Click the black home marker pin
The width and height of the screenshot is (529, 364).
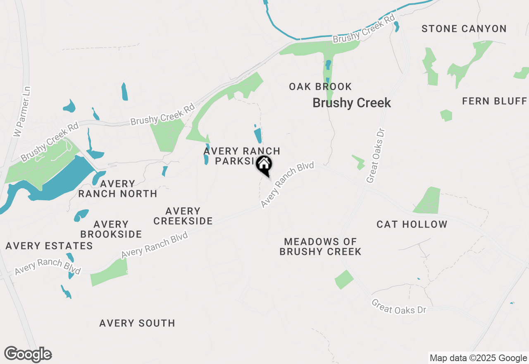[264, 165]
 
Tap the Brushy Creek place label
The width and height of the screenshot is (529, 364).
[352, 103]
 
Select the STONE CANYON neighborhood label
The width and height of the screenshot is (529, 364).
[464, 29]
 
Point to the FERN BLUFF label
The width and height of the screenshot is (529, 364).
[494, 101]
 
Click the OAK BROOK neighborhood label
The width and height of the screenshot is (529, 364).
[320, 87]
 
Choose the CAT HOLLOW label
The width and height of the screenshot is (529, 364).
[412, 225]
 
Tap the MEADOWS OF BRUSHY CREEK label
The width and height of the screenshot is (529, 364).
[320, 247]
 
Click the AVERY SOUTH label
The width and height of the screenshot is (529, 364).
[137, 323]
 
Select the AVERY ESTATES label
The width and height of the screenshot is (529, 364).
[49, 246]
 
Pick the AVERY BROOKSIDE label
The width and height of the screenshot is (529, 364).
[111, 229]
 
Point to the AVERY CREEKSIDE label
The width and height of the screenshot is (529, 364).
[183, 216]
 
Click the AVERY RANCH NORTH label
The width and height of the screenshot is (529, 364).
[118, 189]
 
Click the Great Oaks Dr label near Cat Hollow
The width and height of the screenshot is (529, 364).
[398, 307]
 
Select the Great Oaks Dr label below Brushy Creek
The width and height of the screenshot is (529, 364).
[376, 155]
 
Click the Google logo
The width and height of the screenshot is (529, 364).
[28, 354]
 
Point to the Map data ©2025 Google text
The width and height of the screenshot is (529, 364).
[478, 358]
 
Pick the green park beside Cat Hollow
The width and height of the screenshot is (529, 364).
[428, 201]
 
